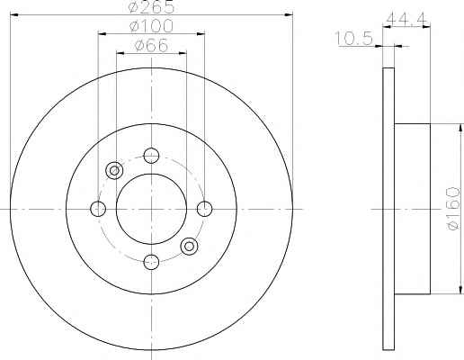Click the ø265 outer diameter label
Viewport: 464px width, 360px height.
click(x=151, y=6)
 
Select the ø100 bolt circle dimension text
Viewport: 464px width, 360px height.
click(x=151, y=26)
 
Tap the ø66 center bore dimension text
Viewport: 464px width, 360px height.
click(x=151, y=45)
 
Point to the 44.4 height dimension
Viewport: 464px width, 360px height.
click(x=406, y=19)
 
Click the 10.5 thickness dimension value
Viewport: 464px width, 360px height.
click(x=353, y=39)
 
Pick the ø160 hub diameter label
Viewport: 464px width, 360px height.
click(x=453, y=209)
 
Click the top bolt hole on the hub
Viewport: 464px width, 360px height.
click(x=151, y=156)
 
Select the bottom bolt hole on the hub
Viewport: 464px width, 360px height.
click(x=151, y=262)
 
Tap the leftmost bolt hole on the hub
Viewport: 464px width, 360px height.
click(x=98, y=209)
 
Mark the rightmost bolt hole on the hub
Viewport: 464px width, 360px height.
click(x=204, y=209)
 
